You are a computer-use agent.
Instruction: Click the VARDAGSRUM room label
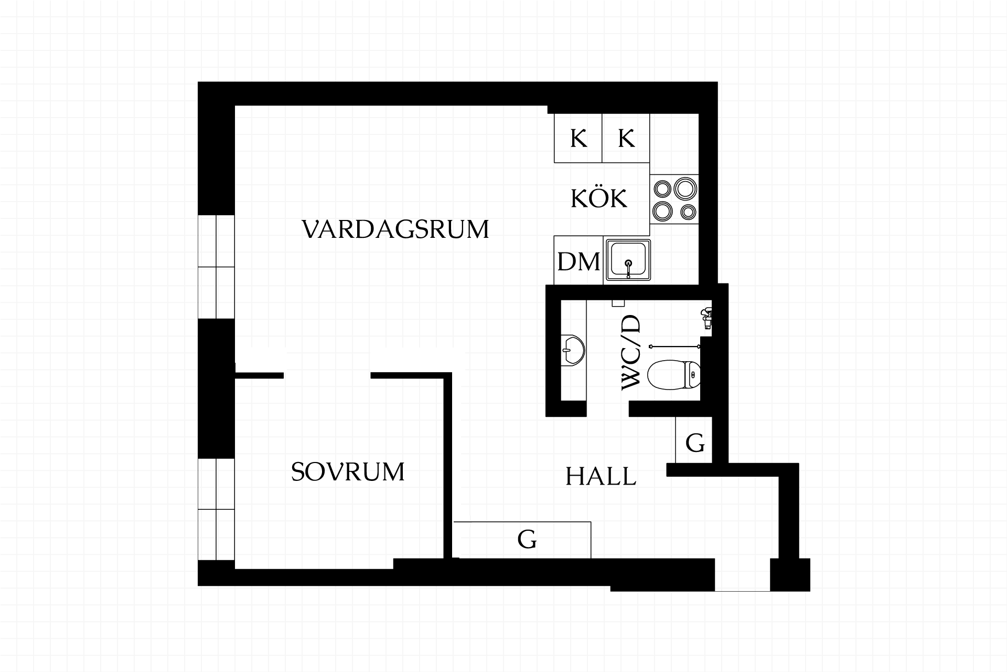click(395, 229)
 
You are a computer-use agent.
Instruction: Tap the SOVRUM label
click(348, 471)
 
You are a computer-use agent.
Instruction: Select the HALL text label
click(601, 477)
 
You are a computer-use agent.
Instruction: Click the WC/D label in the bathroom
click(631, 353)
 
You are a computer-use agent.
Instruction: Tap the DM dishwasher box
click(579, 261)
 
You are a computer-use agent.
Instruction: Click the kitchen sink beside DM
click(628, 260)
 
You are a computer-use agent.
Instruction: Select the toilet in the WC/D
click(674, 374)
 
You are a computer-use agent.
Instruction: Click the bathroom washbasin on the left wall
click(573, 350)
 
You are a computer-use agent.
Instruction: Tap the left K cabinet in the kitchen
click(578, 138)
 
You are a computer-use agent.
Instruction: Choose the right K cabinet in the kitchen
click(626, 138)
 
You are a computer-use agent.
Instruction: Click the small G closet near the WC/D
click(694, 440)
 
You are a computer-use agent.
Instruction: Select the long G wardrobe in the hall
click(522, 540)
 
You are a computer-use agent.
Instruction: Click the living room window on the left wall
click(216, 267)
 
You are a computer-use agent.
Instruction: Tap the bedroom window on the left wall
click(216, 509)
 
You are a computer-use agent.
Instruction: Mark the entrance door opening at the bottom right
click(742, 575)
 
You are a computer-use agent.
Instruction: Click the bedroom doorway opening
click(327, 375)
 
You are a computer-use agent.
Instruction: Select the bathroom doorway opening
click(607, 409)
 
